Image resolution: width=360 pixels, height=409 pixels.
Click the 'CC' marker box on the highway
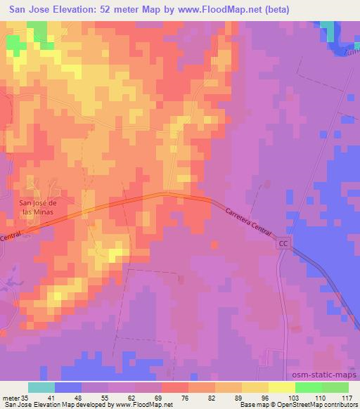click(x=283, y=242)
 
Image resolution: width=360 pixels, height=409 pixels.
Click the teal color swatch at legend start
click(x=41, y=387)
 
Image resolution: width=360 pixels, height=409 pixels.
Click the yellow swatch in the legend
click(x=281, y=387)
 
